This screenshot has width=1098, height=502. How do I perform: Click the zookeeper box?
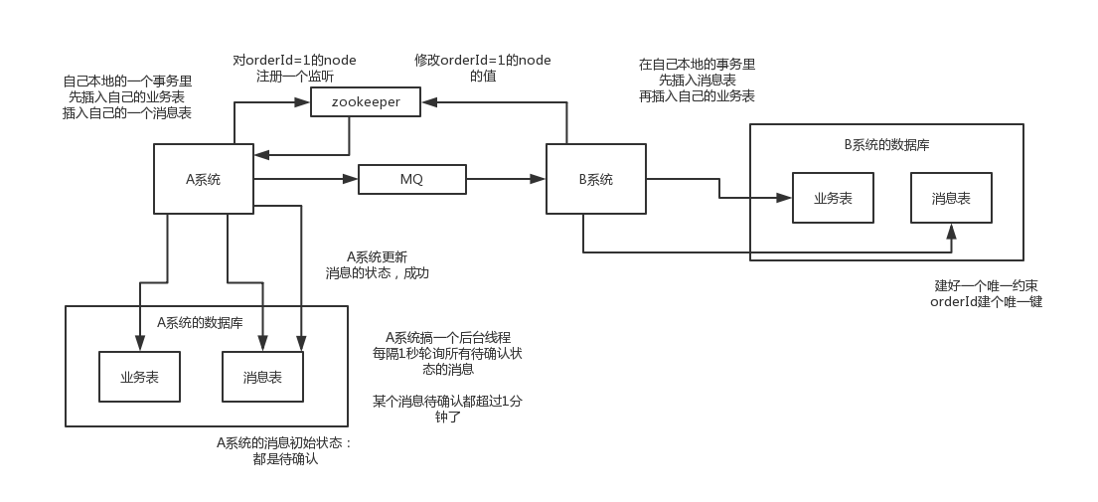(x=365, y=101)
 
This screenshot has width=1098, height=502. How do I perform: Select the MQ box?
(x=411, y=180)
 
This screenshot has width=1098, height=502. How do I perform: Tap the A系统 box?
(x=204, y=179)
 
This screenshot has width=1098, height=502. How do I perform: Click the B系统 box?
(x=595, y=179)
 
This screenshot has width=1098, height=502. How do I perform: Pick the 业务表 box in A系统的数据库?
(x=139, y=377)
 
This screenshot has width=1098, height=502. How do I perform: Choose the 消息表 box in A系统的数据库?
(x=262, y=377)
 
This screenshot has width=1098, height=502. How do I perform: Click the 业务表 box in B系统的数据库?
(x=833, y=198)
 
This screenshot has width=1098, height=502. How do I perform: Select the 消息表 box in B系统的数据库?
(x=951, y=198)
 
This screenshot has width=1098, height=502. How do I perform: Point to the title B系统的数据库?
(x=886, y=145)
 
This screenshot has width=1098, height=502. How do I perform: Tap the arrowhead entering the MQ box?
(x=351, y=179)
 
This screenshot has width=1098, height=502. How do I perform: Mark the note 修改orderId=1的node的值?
(x=483, y=68)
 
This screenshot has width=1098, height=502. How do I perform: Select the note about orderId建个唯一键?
(x=986, y=293)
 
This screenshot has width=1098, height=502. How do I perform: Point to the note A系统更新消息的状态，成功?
(x=378, y=264)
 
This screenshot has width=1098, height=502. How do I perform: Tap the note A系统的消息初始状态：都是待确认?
(x=285, y=451)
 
